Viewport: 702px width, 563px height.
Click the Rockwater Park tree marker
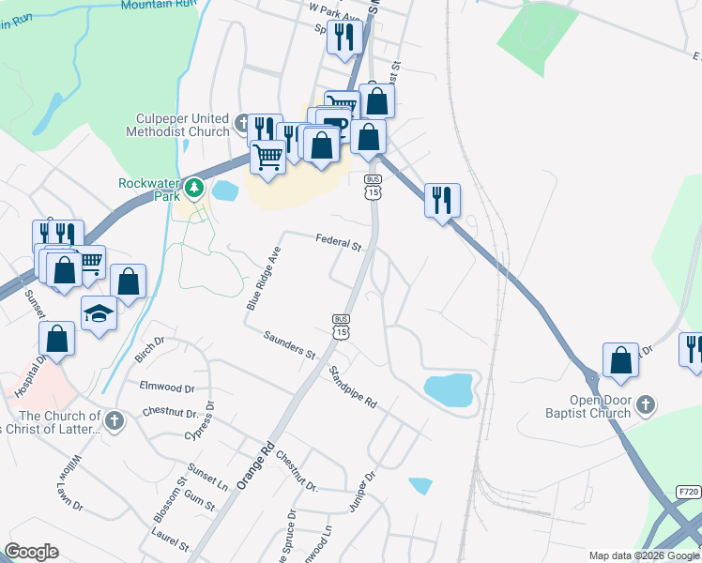194,188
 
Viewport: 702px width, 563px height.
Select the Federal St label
339,243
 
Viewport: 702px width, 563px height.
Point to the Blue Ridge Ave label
264,279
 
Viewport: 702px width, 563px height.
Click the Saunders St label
289,345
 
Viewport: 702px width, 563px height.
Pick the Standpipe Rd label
352,387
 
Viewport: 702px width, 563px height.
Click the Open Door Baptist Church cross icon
645,404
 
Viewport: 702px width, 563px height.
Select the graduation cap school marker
99,313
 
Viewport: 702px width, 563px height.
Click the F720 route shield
688,492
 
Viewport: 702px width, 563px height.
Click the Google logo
31,552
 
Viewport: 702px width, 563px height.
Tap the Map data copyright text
644,555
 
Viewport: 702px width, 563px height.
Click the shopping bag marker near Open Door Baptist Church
620,360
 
